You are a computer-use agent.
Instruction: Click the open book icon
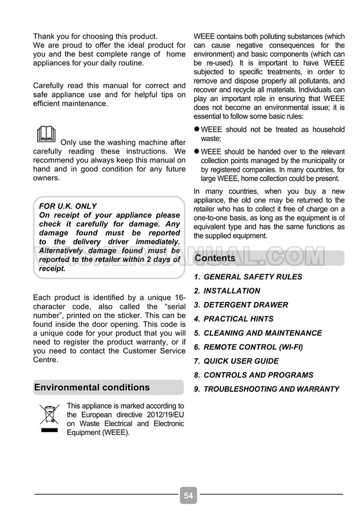click(46, 134)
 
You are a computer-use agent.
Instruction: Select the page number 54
click(188, 495)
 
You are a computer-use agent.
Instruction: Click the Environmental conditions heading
click(92, 387)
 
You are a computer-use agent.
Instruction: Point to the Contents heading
click(215, 258)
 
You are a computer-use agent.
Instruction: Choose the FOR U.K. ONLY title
click(68, 206)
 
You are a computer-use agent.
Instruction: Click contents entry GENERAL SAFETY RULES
click(253, 277)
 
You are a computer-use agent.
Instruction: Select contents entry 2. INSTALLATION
click(232, 291)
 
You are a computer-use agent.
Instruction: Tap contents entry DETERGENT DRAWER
click(246, 305)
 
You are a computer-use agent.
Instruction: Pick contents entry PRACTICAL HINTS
click(238, 319)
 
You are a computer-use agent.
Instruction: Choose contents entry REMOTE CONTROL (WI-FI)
click(253, 347)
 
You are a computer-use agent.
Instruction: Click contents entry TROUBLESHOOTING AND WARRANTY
click(271, 389)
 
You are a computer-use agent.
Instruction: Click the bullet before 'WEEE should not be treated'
click(196, 129)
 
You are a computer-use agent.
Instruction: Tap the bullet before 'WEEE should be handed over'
click(196, 151)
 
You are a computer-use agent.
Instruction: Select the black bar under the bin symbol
click(49, 432)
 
